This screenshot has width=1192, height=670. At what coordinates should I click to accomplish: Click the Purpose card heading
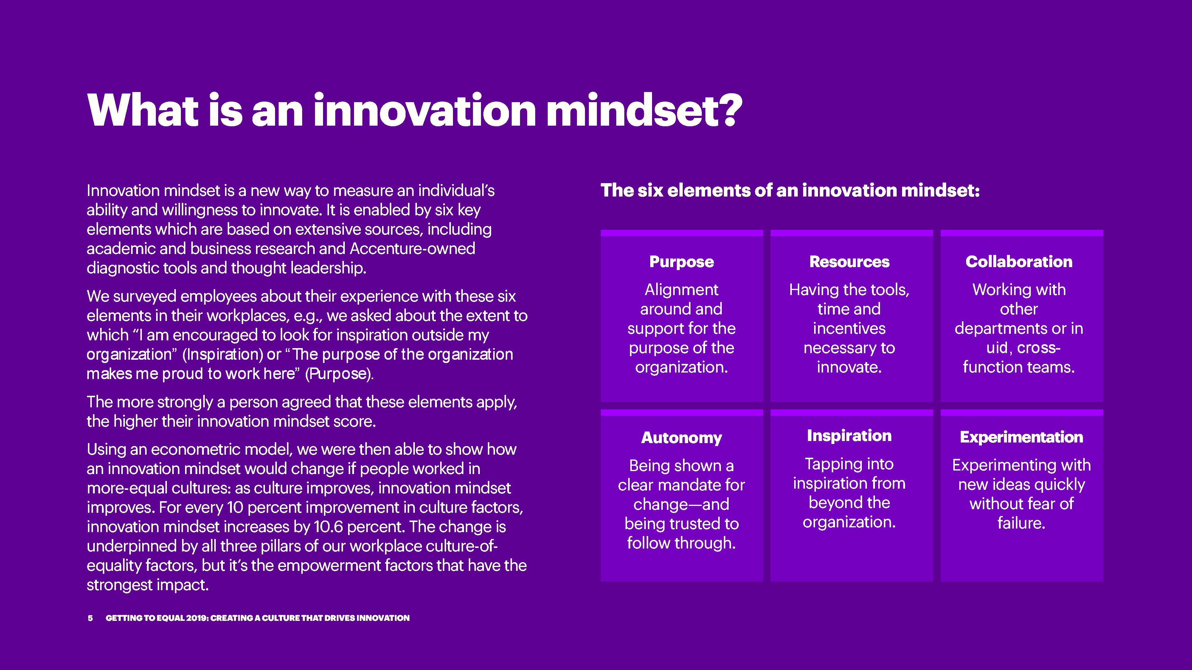pos(682,262)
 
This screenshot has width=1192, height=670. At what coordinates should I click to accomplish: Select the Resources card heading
pos(849,262)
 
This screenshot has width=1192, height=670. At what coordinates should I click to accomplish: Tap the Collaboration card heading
pos(1019,262)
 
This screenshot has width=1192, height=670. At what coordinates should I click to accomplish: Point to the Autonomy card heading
pos(682,437)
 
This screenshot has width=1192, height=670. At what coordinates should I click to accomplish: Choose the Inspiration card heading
pos(849,436)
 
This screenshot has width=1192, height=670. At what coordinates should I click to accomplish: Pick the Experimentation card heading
pos(1021,437)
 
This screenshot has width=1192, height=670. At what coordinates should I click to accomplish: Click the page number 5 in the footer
pos(90,618)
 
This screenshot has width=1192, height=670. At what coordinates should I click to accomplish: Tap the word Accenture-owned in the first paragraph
pos(412,248)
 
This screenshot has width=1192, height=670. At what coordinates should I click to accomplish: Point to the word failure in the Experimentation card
pos(1021,523)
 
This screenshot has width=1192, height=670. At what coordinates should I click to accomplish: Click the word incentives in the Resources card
pos(849,328)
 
